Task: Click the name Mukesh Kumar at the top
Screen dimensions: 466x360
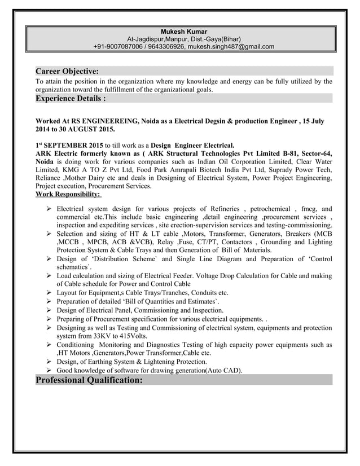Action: pos(184,30)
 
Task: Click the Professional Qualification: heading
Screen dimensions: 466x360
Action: pos(89,380)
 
